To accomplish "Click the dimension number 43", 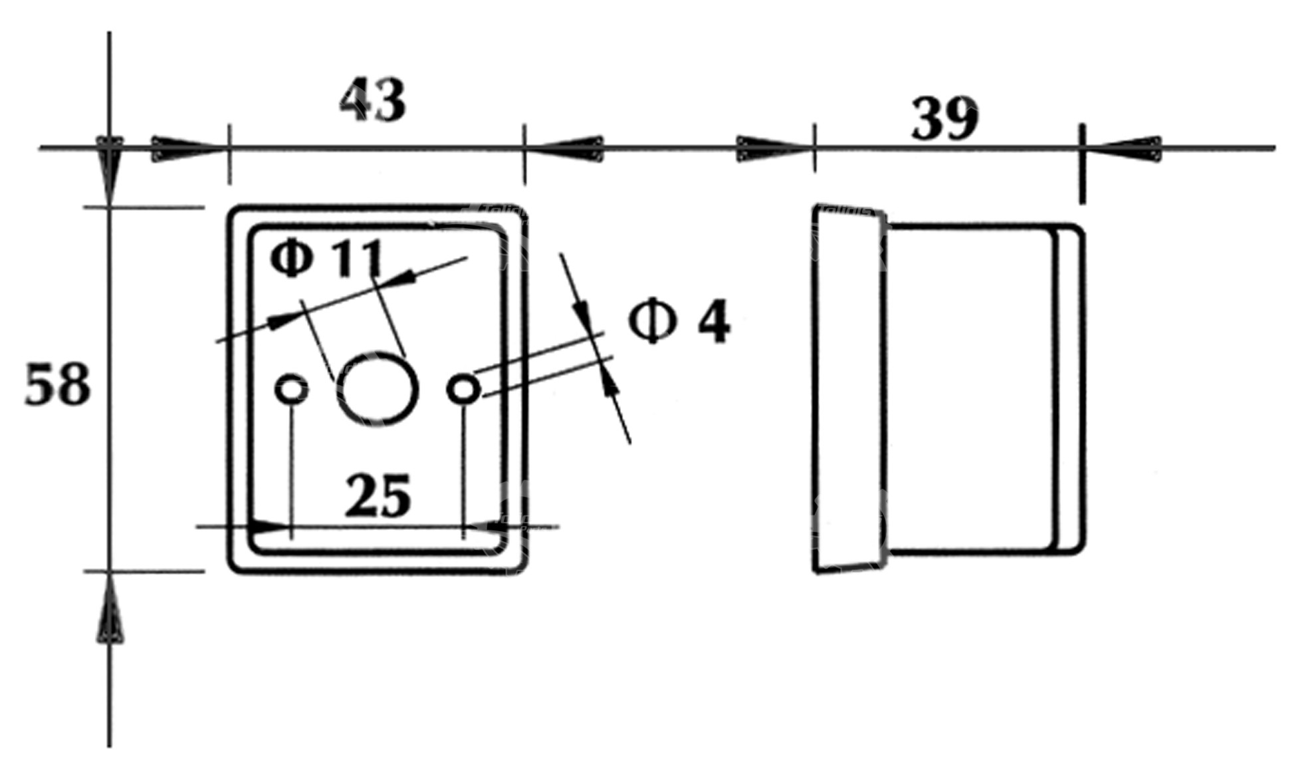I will [372, 100].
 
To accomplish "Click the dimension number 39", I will [944, 119].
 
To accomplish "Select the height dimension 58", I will [57, 385].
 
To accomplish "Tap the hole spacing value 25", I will [378, 497].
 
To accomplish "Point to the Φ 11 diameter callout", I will [327, 258].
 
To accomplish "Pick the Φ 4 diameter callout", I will [679, 322].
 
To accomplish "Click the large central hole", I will [378, 389].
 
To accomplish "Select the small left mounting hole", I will [291, 389].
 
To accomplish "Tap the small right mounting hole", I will [464, 389].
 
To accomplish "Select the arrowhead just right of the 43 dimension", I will [568, 148].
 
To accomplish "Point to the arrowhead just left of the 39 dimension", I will [771, 148].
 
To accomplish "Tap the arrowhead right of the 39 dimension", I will [1127, 148].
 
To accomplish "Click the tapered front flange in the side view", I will [849, 389].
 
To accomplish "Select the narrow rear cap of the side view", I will [1069, 389].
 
